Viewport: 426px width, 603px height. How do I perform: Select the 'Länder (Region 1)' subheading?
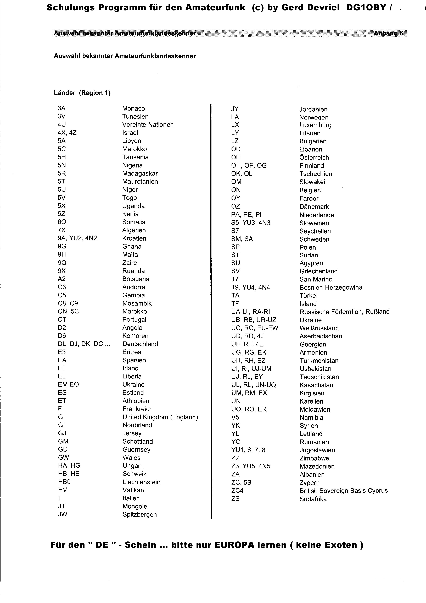[82, 93]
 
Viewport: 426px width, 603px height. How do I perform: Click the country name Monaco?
[133, 108]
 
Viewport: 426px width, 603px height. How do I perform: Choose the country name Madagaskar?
[140, 174]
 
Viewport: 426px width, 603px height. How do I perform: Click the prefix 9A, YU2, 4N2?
[77, 238]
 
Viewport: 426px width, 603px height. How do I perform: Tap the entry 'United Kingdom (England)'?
[160, 417]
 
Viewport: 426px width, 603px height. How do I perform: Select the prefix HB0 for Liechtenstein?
[64, 482]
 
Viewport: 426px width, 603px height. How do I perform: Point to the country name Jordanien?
[313, 110]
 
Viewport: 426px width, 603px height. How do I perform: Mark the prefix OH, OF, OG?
[249, 165]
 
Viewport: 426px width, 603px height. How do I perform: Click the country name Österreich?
[314, 157]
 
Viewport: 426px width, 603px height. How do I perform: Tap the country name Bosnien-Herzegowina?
[331, 288]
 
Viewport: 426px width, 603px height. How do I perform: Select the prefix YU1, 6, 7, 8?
[248, 450]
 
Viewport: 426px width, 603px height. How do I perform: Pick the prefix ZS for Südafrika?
[235, 499]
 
